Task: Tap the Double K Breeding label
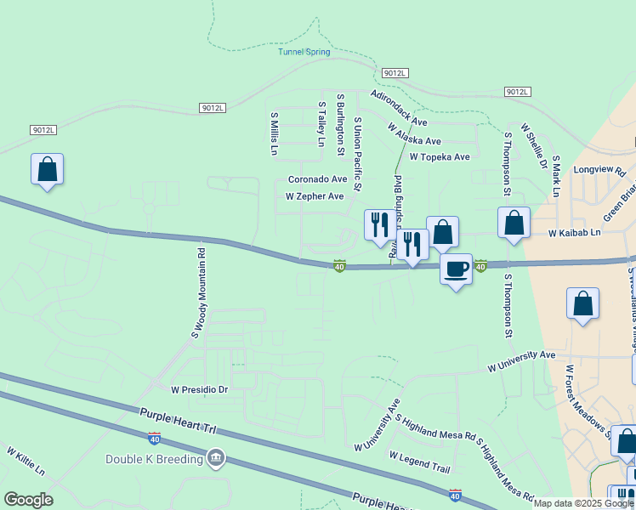(x=154, y=460)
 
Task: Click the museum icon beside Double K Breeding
(x=216, y=459)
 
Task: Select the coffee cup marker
(x=457, y=269)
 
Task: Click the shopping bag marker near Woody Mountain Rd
(x=48, y=169)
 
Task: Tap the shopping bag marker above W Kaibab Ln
(x=514, y=223)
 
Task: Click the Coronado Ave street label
(x=317, y=179)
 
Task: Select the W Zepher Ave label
(x=314, y=196)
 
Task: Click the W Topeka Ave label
(x=439, y=157)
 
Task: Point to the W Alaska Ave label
(x=414, y=134)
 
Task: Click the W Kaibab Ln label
(x=574, y=232)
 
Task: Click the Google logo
(x=28, y=500)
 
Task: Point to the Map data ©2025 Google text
(x=583, y=503)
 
